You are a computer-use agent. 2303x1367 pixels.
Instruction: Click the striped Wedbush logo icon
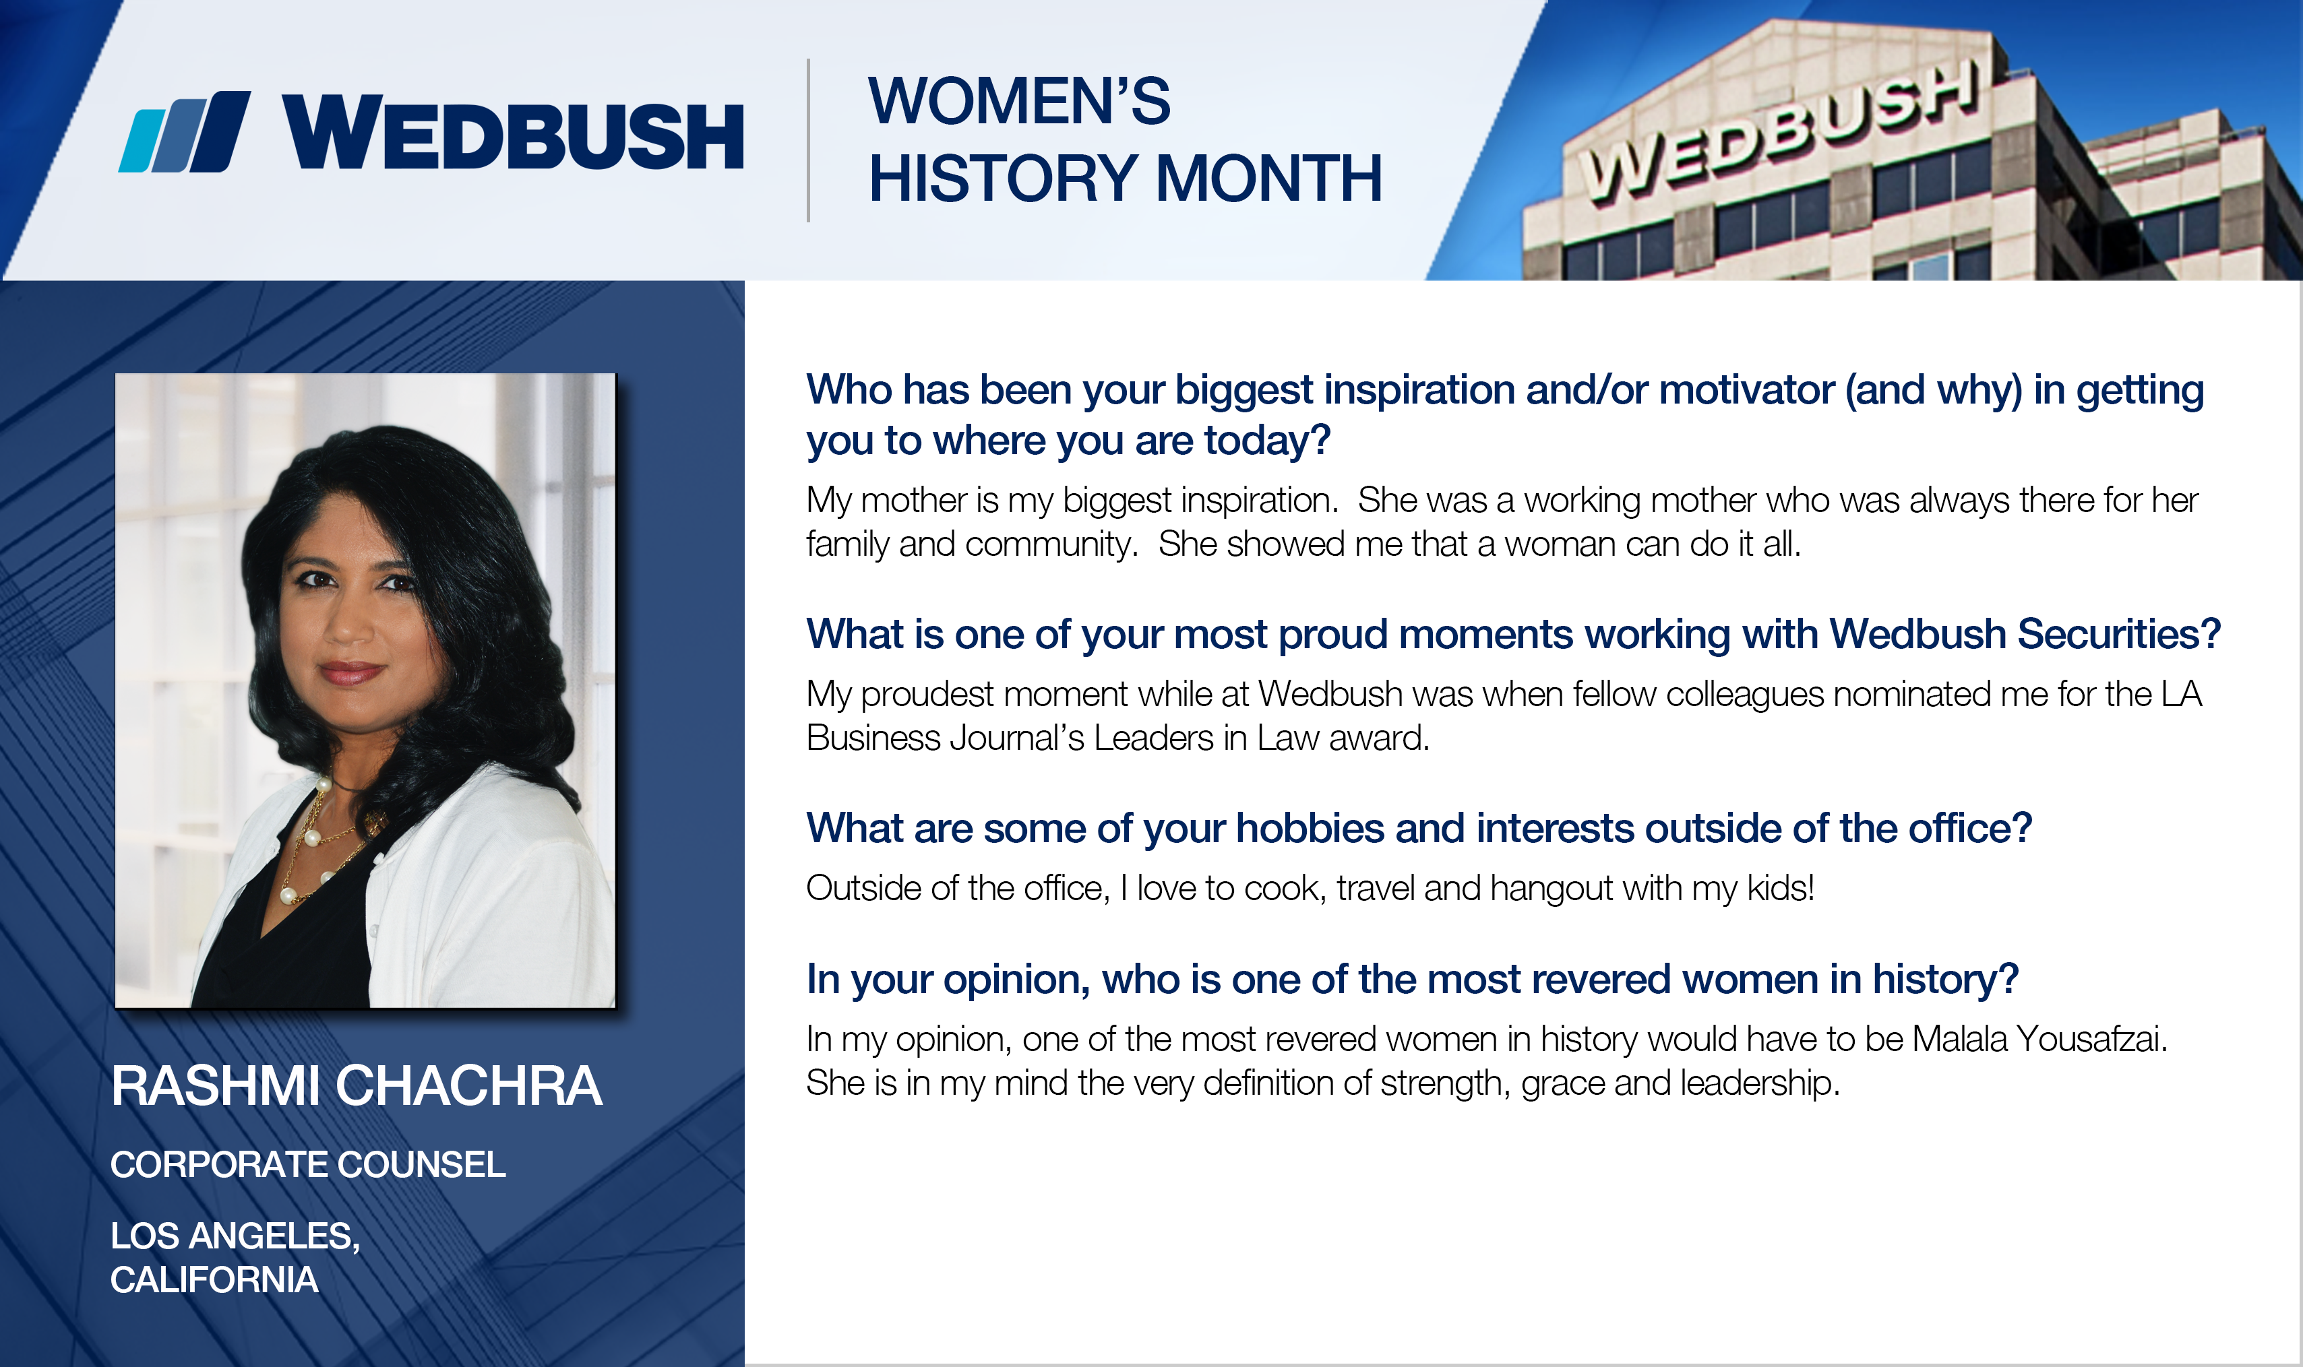click(184, 132)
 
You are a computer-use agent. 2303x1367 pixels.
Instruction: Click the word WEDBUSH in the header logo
click(513, 133)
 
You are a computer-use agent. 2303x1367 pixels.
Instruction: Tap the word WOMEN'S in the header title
click(1019, 100)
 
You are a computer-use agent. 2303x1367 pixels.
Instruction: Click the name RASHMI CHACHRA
click(357, 1086)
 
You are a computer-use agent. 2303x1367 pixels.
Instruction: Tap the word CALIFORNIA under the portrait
click(214, 1280)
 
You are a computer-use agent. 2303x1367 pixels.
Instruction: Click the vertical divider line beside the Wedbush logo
click(809, 140)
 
